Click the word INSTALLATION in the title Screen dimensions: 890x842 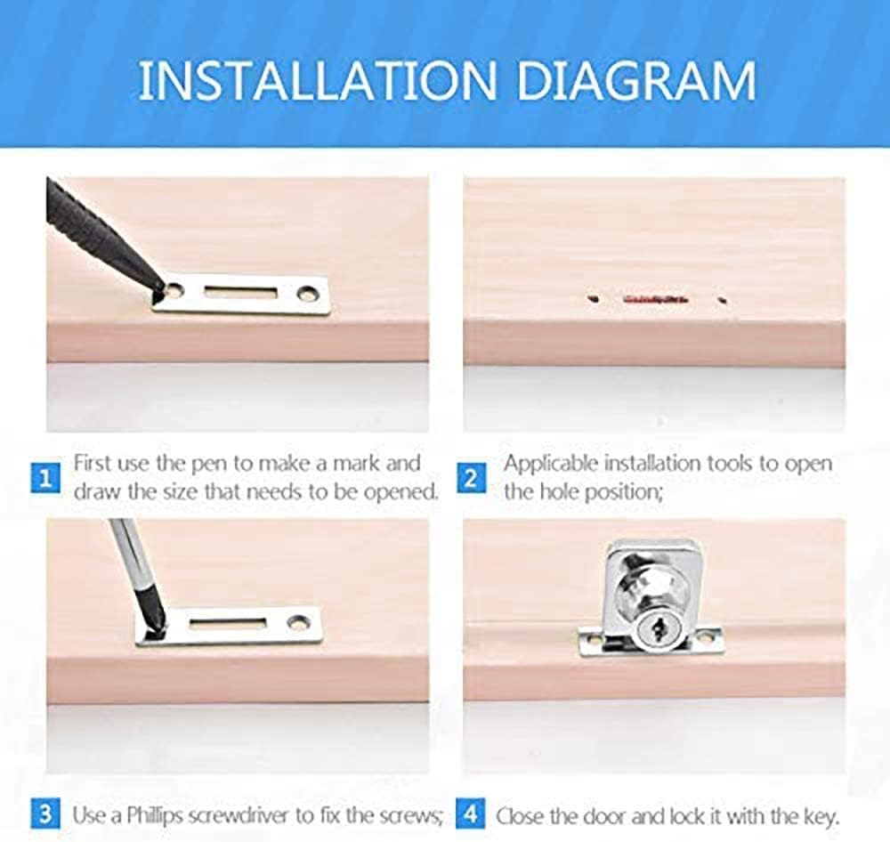tap(318, 81)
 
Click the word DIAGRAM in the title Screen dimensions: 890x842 tap(636, 81)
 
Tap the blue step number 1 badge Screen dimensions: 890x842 tap(45, 479)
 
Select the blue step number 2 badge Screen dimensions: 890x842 tap(471, 479)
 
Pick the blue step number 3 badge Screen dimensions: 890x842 tap(45, 814)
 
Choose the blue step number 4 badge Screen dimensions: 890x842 tap(470, 814)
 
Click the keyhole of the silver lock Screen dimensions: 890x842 tap(659, 628)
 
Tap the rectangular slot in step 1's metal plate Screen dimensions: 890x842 tap(241, 293)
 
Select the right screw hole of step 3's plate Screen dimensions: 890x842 tap(296, 623)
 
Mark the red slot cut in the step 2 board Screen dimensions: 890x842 tap(656, 299)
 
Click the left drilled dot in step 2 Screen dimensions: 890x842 tap(594, 298)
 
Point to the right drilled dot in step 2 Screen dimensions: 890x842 tap(723, 300)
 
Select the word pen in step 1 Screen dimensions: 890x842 tap(207, 465)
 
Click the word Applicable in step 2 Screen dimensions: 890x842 tap(551, 465)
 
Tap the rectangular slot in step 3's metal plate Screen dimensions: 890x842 tap(227, 622)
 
